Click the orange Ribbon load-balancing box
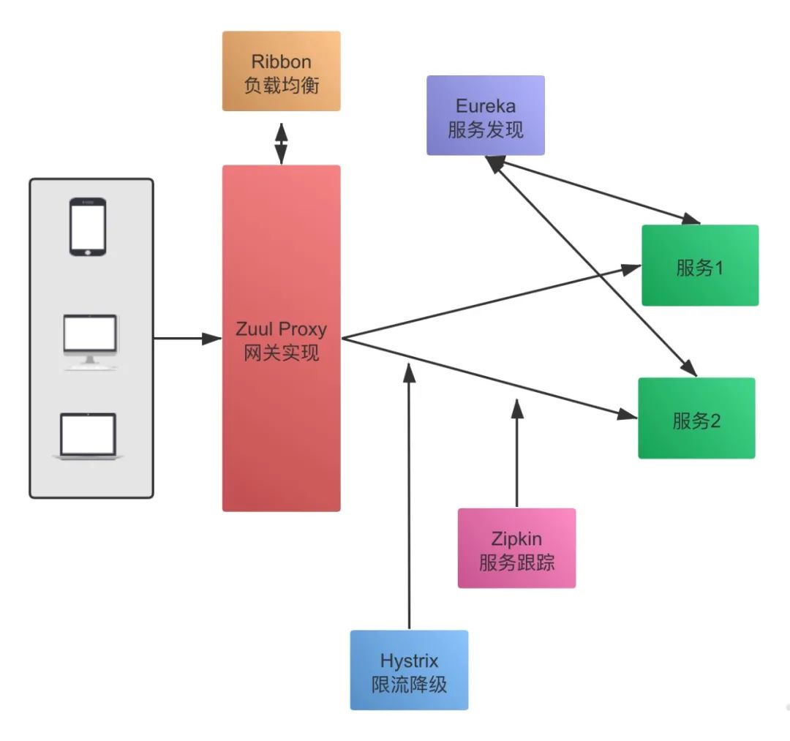(281, 71)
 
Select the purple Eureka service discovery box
(486, 116)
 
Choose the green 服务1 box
(700, 266)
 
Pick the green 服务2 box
(696, 418)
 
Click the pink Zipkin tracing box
(516, 548)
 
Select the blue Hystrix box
(409, 670)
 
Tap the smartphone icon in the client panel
(88, 227)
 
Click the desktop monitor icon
(89, 341)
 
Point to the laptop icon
(89, 437)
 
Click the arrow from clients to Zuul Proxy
(187, 338)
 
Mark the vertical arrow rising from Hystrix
(410, 497)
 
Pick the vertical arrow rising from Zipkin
(516, 454)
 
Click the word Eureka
(486, 105)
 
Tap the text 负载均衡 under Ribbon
(281, 84)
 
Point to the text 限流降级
(409, 685)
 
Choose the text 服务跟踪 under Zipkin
(516, 563)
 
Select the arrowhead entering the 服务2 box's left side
(628, 415)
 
